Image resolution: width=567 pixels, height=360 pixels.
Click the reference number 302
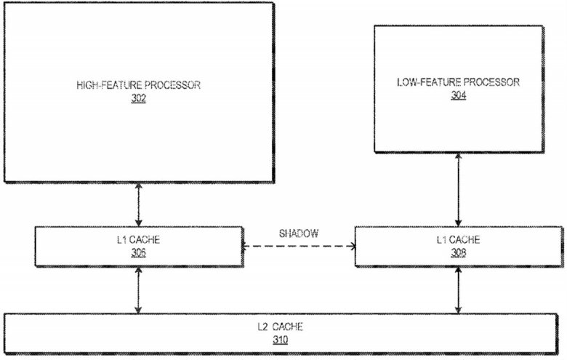pos(139,98)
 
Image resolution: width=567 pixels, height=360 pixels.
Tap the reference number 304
pos(458,95)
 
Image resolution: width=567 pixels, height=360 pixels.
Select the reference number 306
pos(139,252)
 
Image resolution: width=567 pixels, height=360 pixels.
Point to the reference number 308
pos(458,252)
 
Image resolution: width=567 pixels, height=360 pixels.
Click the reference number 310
pos(281,340)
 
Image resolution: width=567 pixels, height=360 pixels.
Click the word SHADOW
pos(299,233)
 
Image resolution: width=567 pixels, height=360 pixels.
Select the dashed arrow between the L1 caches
pos(299,247)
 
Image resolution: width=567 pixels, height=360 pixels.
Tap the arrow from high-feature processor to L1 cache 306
pos(139,205)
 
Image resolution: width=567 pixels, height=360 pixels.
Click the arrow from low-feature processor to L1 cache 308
pos(458,190)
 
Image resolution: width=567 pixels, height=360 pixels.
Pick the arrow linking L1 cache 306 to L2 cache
pos(138,290)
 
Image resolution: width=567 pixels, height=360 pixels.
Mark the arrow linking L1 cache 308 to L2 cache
pos(458,290)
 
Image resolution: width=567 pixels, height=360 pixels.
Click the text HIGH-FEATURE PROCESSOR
pos(139,85)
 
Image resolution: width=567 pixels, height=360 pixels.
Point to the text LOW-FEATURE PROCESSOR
pos(458,82)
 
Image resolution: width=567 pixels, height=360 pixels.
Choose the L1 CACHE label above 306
pos(139,239)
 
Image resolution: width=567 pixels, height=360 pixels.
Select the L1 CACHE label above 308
pos(458,239)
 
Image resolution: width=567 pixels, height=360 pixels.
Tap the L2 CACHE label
pos(281,327)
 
